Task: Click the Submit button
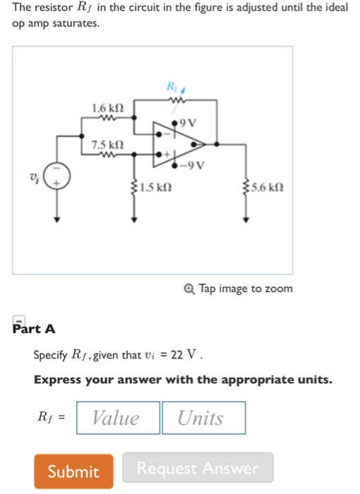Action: pyautogui.click(x=73, y=471)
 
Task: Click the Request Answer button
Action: pyautogui.click(x=198, y=468)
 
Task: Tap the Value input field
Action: pyautogui.click(x=117, y=418)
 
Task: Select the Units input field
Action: pyautogui.click(x=203, y=418)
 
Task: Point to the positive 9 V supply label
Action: pyautogui.click(x=187, y=123)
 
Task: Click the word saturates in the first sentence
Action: pyautogui.click(x=73, y=23)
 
